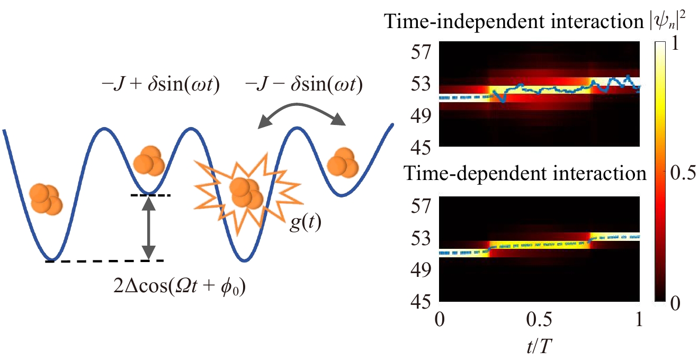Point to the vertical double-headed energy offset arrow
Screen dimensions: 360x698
[x=150, y=228]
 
